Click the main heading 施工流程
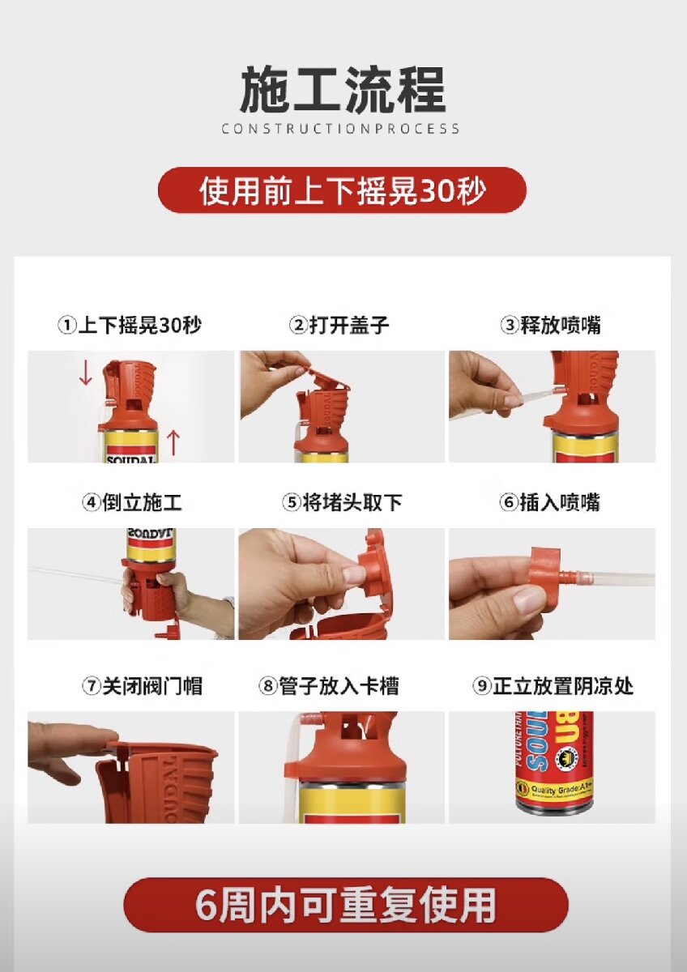[x=343, y=91]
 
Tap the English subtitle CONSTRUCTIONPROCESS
[x=341, y=129]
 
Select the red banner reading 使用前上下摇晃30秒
[x=342, y=190]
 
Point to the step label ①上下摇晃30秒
[x=130, y=325]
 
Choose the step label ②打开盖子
[x=339, y=325]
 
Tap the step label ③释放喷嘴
[x=551, y=325]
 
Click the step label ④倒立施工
[x=131, y=502]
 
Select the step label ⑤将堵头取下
[x=342, y=502]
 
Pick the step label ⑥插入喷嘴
[x=549, y=502]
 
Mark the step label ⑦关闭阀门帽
[x=142, y=686]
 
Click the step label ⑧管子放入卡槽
[x=329, y=686]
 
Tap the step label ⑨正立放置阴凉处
[x=553, y=686]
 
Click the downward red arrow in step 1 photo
[x=86, y=373]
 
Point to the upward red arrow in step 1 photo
[x=173, y=442]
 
